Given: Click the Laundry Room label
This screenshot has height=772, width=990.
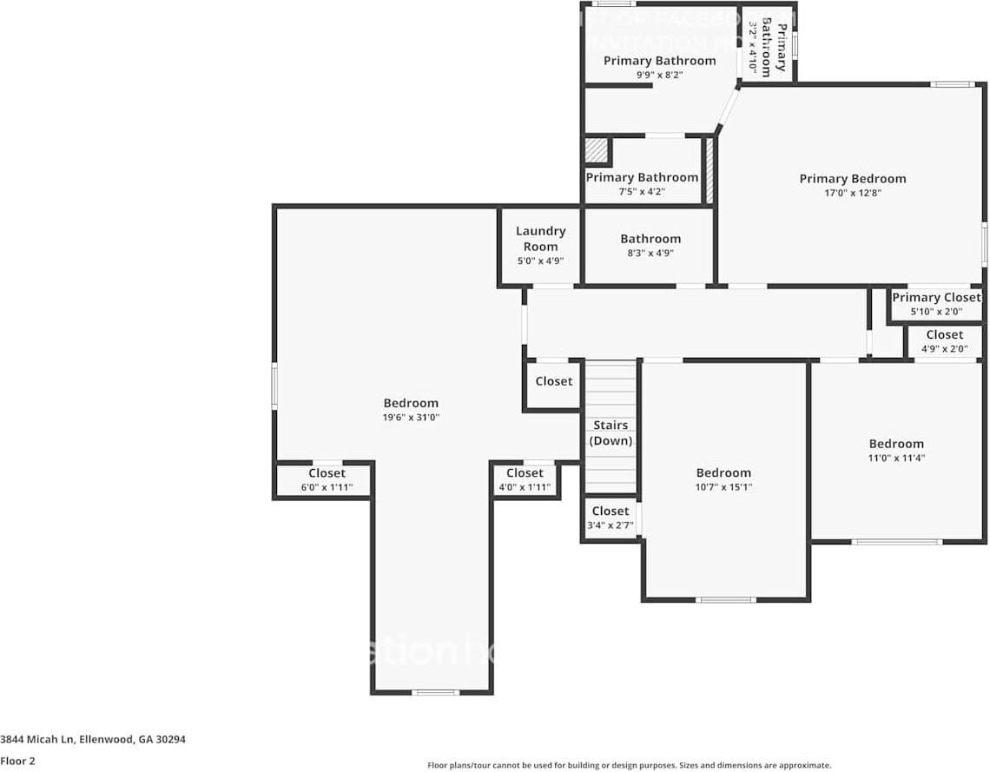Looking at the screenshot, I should (x=540, y=239).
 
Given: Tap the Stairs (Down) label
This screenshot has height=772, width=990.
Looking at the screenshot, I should (x=610, y=433).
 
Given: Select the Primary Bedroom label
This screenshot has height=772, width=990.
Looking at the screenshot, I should (x=852, y=179).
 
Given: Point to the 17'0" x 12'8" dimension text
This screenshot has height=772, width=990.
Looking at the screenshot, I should (x=852, y=194).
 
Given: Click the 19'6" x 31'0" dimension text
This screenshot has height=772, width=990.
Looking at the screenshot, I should (x=411, y=418).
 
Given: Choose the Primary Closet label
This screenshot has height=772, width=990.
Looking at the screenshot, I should (x=936, y=297).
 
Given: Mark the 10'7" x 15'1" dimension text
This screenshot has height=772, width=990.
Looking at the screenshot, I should (x=723, y=487).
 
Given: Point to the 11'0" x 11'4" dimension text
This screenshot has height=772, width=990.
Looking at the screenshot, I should (x=896, y=458).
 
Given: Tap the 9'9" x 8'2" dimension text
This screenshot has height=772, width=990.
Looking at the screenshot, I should (x=659, y=76).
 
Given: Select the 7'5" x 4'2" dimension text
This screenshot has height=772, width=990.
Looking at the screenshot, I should (x=642, y=192).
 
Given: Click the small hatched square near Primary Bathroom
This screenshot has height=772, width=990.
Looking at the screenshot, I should (x=597, y=151).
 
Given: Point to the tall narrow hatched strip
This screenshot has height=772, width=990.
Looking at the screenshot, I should (x=709, y=170).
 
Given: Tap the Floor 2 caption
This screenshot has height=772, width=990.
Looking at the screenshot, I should (x=18, y=761).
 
